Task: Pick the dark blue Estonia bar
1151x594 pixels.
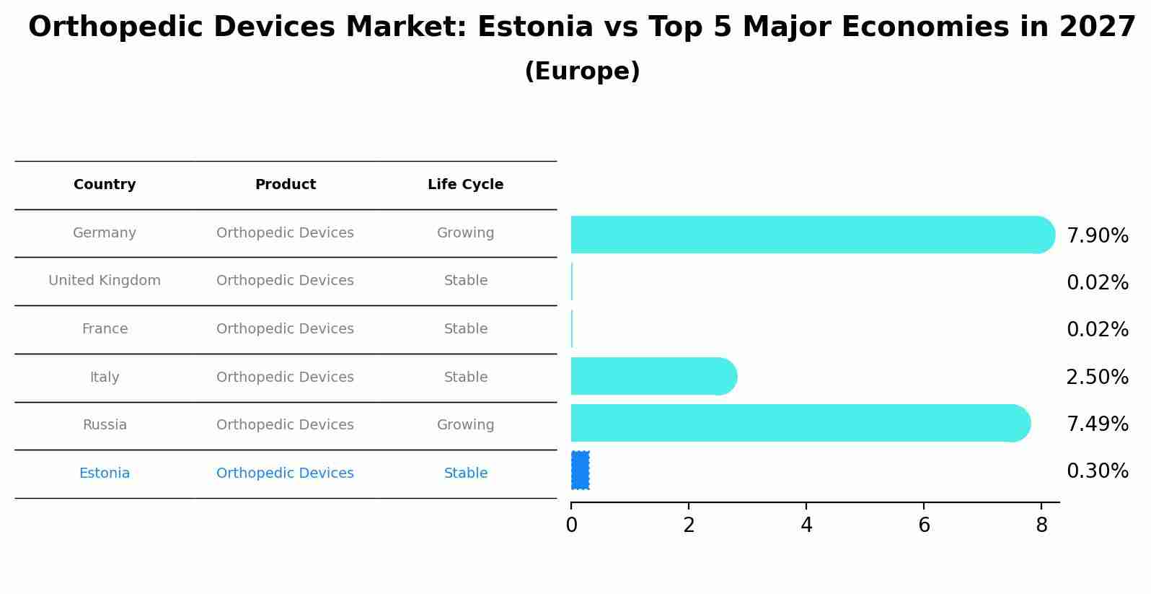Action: click(580, 471)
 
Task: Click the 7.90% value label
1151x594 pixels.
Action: click(1097, 236)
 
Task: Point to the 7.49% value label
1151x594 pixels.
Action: click(1097, 424)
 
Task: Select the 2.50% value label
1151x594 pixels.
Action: click(1097, 377)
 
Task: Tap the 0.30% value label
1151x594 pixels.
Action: click(1097, 471)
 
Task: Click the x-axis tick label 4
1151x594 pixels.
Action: click(806, 525)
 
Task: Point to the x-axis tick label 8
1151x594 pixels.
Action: click(1041, 525)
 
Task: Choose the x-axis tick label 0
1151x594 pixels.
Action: click(571, 525)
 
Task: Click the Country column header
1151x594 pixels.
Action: click(105, 185)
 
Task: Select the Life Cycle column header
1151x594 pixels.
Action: click(465, 185)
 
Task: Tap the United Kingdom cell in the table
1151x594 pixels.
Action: click(105, 281)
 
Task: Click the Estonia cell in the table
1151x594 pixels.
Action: click(105, 473)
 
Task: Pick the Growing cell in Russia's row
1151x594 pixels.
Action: click(465, 425)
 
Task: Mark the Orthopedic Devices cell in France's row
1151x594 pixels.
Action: click(285, 329)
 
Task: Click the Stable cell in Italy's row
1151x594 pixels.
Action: click(465, 377)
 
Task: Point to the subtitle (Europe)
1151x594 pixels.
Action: click(582, 71)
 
